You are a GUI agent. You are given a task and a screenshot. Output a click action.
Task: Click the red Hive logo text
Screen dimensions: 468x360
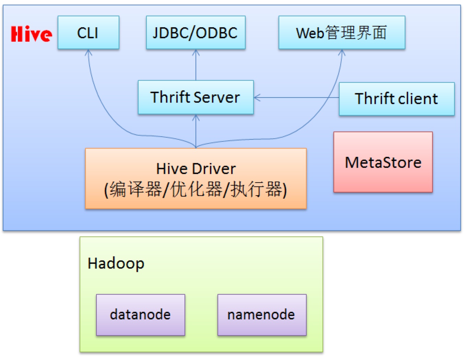coord(32,34)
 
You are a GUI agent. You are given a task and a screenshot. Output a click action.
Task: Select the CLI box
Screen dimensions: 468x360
coord(89,33)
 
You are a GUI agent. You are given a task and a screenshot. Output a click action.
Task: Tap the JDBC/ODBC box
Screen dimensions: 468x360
coord(196,33)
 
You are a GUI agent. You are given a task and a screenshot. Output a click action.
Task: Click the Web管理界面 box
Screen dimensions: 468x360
coord(342,33)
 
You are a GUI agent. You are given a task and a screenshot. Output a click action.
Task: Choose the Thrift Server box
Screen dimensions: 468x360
coord(196,97)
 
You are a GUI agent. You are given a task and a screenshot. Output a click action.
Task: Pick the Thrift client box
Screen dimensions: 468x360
coord(397,99)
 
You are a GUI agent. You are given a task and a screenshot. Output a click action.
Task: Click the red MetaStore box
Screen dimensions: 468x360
coord(383,162)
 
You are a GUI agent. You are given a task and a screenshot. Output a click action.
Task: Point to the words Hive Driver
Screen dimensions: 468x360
coord(196,169)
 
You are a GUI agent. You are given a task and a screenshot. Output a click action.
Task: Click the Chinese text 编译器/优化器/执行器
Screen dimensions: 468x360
coord(196,189)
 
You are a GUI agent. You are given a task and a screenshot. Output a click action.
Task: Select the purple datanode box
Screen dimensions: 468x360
coord(141,315)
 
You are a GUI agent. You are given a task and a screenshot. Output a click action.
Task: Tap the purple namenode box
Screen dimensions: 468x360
coord(262,315)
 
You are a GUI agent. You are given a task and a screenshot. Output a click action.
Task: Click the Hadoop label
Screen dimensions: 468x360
coord(116,264)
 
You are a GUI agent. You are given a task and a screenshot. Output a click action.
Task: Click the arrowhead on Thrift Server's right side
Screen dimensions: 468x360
coord(257,97)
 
